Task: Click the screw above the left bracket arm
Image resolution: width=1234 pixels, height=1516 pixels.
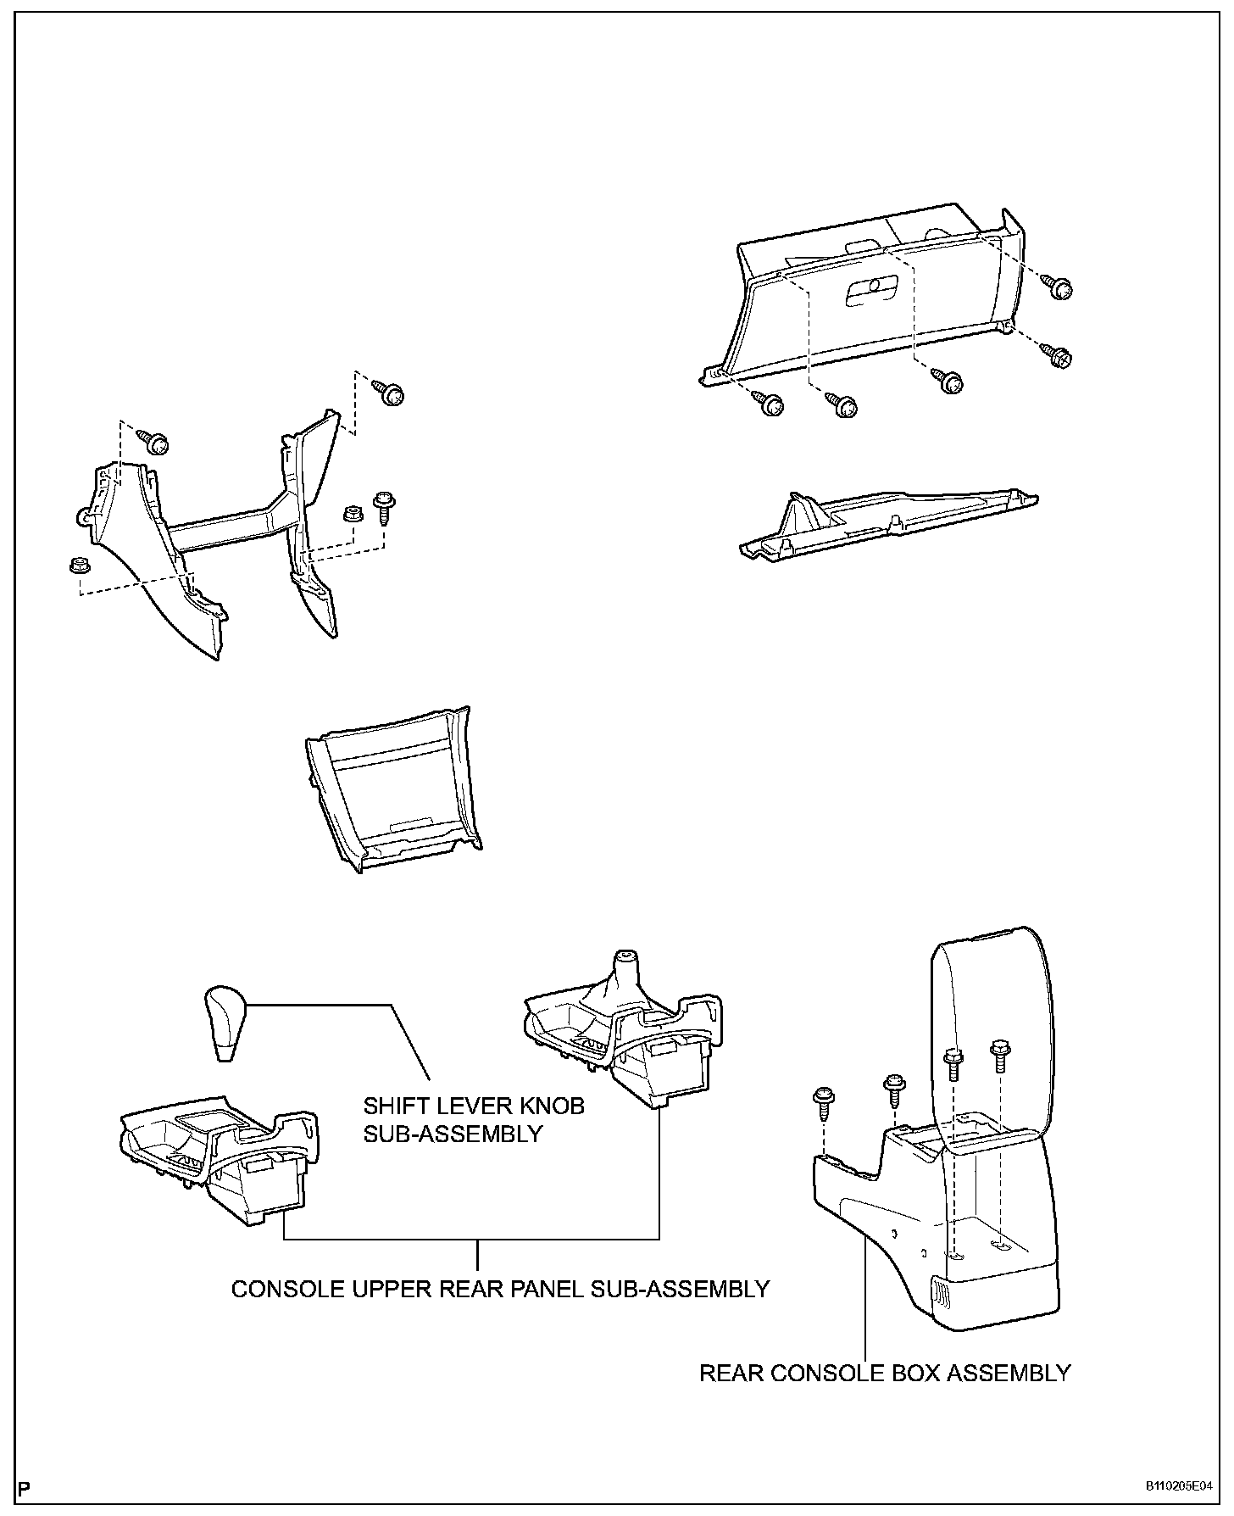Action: click(x=156, y=442)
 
